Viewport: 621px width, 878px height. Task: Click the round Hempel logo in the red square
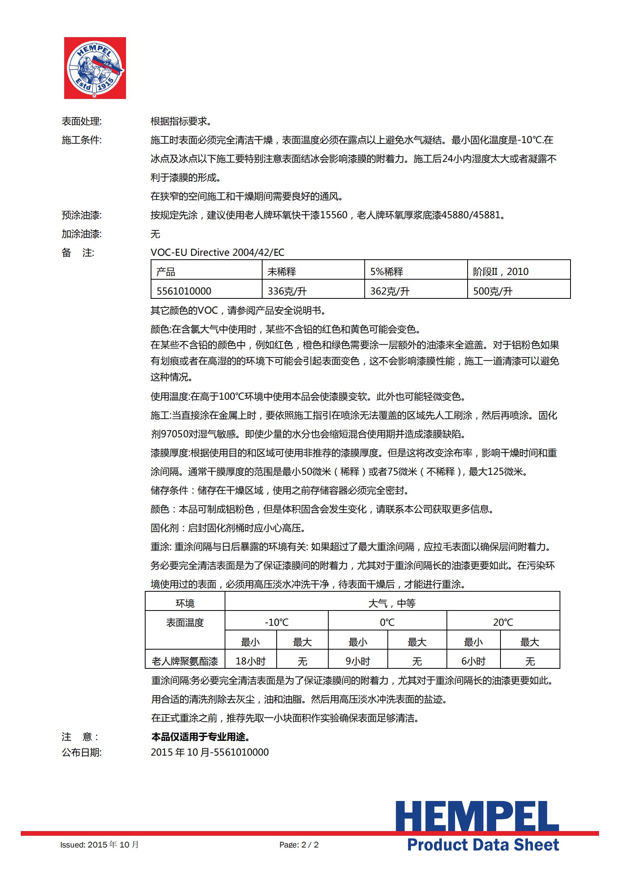[x=95, y=68]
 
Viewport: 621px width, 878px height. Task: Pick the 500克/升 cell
[x=493, y=291]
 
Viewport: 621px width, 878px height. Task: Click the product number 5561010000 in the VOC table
[x=184, y=291]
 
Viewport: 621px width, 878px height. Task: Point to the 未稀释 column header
[x=282, y=271]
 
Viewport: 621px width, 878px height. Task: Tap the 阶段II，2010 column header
[x=500, y=271]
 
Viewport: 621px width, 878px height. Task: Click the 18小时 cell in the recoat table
[x=250, y=661]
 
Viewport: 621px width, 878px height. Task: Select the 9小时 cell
[x=358, y=661]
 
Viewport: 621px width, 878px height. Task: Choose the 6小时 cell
[x=473, y=661]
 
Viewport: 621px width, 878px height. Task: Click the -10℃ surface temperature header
[x=276, y=622]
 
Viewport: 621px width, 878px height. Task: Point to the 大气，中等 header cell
[x=392, y=603]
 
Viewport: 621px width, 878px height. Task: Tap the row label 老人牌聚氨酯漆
[x=185, y=661]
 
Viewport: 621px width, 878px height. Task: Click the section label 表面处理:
[x=81, y=121]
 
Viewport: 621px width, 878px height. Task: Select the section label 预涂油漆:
[x=81, y=215]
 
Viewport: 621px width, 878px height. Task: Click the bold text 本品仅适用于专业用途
[x=200, y=737]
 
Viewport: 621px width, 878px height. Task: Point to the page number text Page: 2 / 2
[x=299, y=845]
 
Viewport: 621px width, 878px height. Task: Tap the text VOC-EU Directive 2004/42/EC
[x=218, y=253]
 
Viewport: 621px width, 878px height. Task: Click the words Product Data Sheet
[x=483, y=845]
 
